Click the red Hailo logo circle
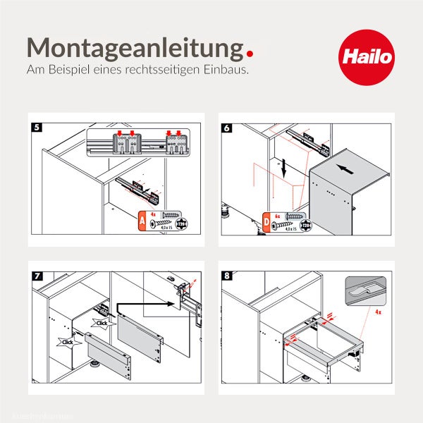click(366, 56)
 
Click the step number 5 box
click(37, 128)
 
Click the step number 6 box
click(226, 128)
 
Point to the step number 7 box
click(37, 274)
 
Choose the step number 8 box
click(226, 274)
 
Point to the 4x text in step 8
click(379, 311)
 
